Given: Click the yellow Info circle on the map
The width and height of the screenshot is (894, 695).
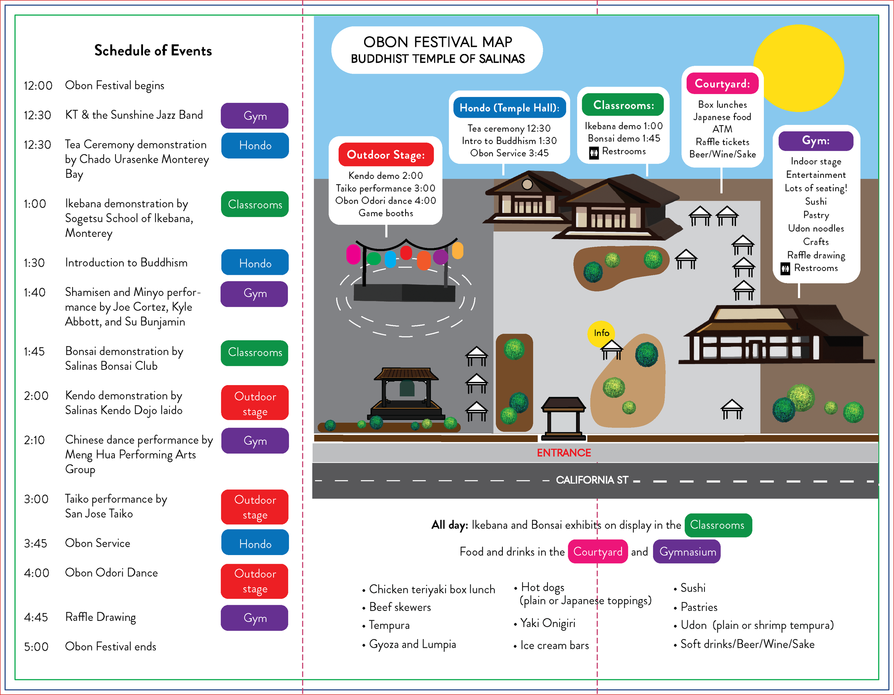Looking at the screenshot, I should point(601,333).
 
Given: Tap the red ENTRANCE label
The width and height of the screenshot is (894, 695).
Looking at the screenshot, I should point(564,453).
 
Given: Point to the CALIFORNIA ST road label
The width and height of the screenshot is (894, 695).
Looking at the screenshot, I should point(591,480).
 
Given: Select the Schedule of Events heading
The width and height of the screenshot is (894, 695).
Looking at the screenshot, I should point(153,50).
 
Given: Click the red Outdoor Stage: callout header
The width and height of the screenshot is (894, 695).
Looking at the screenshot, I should point(385,155).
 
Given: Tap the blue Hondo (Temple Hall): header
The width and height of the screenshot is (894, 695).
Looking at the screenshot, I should point(509,108).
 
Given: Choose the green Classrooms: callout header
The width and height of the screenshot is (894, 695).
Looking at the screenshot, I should point(623,105).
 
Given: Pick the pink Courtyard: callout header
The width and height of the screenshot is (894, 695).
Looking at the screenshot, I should point(722,83).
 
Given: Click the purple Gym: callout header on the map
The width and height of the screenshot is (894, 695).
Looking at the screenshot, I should point(815,141).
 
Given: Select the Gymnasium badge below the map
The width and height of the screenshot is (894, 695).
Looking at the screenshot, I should point(687,551).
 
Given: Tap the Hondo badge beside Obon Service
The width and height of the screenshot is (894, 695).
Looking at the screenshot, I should point(255,544).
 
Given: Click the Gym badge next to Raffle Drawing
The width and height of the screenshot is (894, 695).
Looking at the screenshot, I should point(255,618).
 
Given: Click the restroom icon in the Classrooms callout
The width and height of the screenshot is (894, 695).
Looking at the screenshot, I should point(594,153).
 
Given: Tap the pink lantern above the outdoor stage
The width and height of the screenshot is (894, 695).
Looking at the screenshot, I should point(353,254).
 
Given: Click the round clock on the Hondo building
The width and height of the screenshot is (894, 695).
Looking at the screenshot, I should point(527,184).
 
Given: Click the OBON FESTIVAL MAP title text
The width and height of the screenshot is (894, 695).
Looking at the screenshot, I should point(438,42).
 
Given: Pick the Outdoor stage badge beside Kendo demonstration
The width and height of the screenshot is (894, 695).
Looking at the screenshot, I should point(255,403).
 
